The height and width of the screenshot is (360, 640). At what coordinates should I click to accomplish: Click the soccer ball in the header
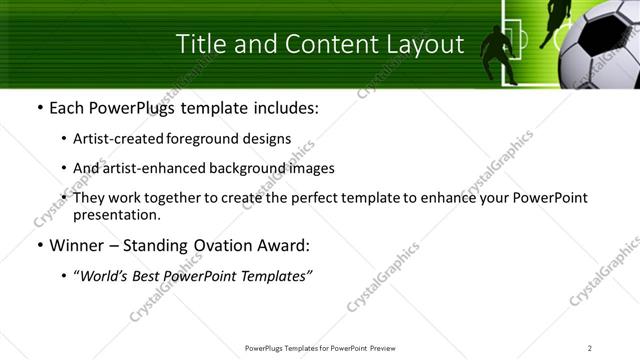coord(600,50)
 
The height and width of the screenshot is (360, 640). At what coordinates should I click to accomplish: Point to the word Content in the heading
coord(319,44)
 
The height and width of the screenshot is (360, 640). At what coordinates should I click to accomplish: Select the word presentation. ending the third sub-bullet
coord(116,214)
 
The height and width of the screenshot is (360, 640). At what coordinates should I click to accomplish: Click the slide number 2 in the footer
coord(590,347)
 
